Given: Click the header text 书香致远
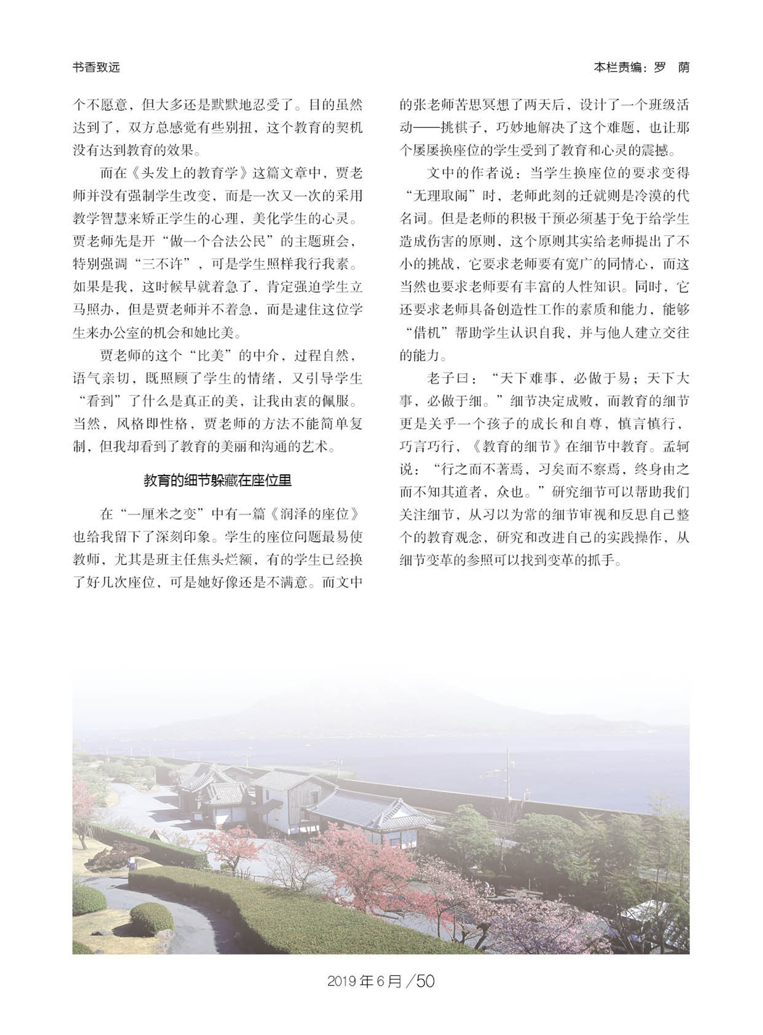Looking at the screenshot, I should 96,68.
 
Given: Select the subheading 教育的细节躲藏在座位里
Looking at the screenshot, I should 217,481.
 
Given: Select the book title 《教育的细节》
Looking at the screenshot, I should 517,447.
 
